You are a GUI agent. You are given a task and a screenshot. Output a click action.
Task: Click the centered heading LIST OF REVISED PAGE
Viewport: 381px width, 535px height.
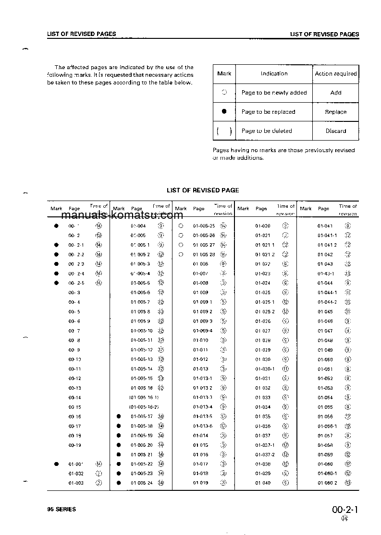click(202, 190)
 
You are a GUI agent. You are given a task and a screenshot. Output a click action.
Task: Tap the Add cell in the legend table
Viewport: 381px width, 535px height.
click(336, 93)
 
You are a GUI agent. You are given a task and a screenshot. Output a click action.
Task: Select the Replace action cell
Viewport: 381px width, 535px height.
click(335, 112)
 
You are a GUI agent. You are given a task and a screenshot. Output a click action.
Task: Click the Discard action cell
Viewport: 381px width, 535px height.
click(335, 131)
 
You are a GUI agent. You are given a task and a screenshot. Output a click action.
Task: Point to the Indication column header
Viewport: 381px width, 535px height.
click(274, 74)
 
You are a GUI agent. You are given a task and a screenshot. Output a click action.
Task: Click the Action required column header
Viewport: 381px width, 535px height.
click(335, 74)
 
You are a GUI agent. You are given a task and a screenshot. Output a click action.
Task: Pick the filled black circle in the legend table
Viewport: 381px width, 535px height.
click(224, 111)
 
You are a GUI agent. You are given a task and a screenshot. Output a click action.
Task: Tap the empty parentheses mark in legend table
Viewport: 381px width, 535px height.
click(224, 131)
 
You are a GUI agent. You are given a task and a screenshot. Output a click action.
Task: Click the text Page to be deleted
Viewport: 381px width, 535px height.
click(267, 131)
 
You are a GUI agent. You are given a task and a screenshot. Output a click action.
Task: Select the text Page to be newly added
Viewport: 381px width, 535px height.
click(274, 93)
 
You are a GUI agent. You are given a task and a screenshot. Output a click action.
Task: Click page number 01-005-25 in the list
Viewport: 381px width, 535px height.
click(204, 226)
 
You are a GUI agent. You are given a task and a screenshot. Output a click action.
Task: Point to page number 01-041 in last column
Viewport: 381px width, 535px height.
click(325, 226)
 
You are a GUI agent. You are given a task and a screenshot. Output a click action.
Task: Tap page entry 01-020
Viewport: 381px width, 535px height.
click(263, 226)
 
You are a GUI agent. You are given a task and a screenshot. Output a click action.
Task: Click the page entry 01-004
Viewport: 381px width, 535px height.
click(138, 226)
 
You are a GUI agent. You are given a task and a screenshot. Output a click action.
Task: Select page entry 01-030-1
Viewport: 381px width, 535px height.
click(265, 369)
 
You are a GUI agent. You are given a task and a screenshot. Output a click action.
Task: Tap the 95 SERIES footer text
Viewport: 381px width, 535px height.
click(61, 509)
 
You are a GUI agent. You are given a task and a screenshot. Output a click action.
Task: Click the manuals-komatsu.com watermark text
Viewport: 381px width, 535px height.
click(122, 215)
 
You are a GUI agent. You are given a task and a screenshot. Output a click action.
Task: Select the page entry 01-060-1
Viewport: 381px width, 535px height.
click(327, 474)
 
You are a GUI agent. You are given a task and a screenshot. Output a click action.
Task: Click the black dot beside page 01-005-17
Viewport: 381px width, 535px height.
click(119, 416)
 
